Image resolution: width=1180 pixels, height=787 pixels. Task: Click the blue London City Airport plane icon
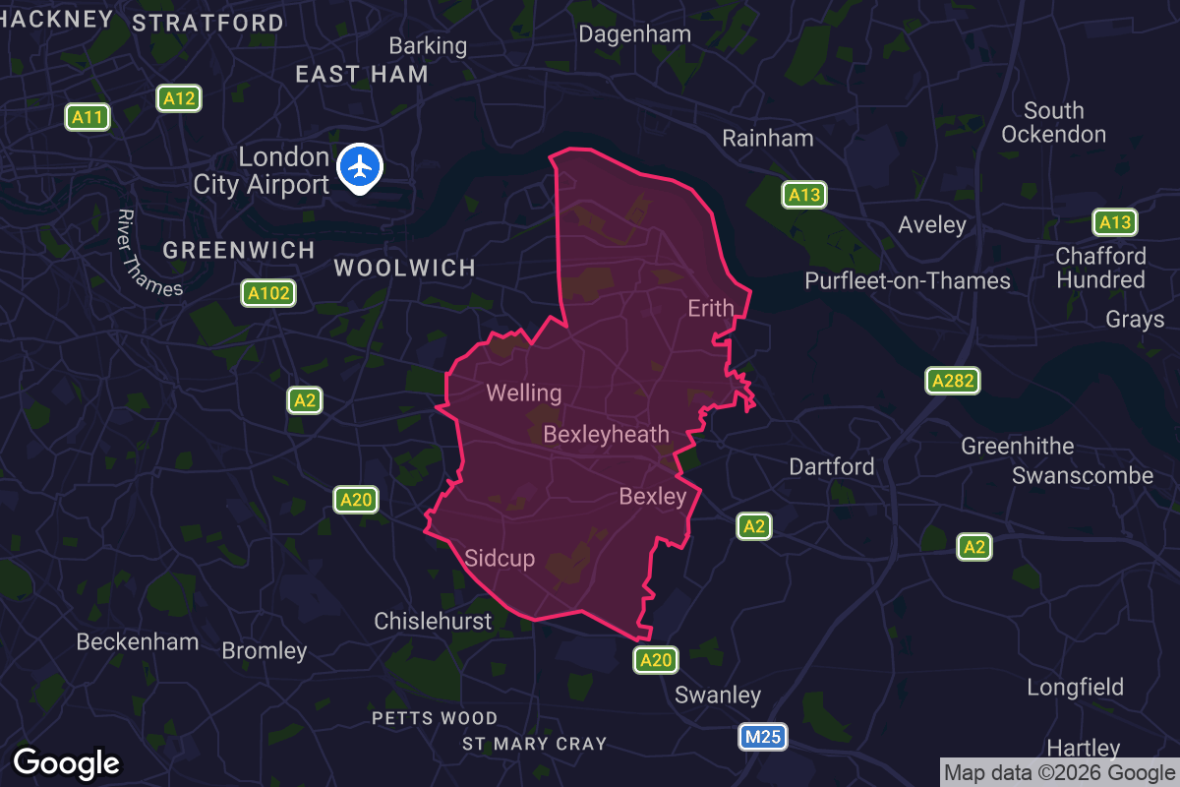point(361,167)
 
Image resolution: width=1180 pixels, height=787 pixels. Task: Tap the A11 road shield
point(88,118)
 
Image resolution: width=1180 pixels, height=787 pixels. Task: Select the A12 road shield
point(179,98)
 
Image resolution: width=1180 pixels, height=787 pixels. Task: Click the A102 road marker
point(269,293)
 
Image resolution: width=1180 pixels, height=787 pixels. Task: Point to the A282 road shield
point(952,382)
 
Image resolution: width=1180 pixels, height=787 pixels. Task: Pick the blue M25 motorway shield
point(763,737)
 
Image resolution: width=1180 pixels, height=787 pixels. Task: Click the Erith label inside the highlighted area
point(711,309)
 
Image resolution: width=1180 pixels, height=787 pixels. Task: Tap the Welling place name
point(524,393)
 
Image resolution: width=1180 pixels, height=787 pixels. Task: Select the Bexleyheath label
point(606,434)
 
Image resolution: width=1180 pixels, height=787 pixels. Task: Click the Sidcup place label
point(500,559)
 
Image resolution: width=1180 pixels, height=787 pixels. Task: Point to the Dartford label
point(832,466)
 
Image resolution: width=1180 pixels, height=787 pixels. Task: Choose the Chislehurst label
point(433,622)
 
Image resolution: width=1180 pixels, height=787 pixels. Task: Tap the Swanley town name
point(718,696)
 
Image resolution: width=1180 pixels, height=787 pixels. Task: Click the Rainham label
point(768,138)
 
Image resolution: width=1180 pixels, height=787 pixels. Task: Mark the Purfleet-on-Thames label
point(908,281)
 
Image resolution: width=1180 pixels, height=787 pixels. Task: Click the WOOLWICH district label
point(405,268)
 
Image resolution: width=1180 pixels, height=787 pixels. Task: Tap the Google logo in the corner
point(67,763)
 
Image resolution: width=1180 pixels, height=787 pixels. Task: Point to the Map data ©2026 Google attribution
point(1060,773)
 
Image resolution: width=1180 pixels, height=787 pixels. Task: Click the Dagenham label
point(635,33)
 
